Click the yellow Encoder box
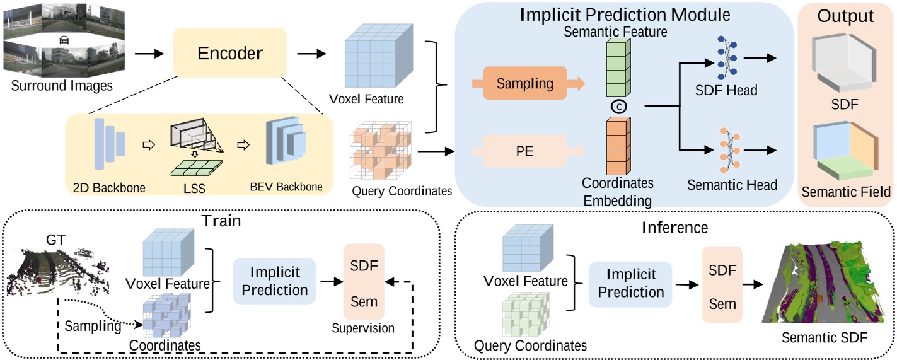229,54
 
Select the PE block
520,153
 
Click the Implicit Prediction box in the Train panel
274,281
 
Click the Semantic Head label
732,185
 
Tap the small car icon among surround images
64,40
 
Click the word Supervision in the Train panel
363,328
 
